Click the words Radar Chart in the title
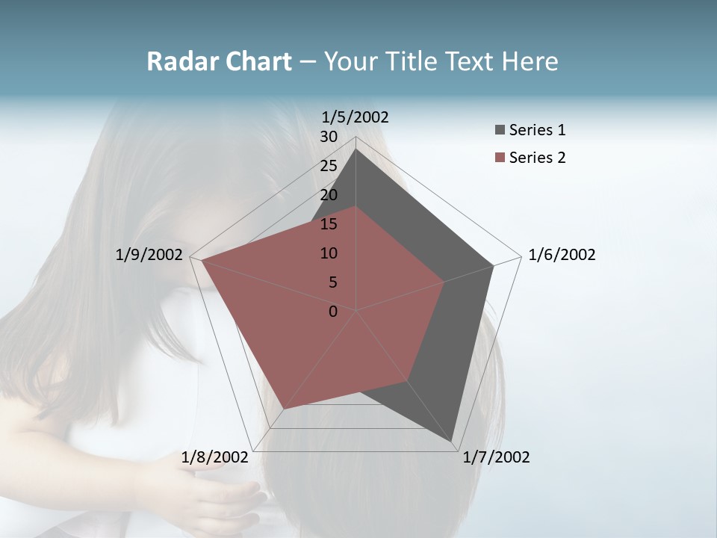(219, 61)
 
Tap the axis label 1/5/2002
(356, 117)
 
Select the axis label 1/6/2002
(562, 255)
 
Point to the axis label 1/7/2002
(496, 457)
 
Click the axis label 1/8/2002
(215, 457)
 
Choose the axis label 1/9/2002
(149, 255)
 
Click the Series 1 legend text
(537, 130)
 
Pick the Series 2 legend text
(537, 158)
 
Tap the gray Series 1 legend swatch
(500, 130)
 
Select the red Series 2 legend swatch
(500, 158)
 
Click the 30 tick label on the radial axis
(329, 137)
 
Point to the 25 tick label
(329, 166)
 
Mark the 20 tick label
(329, 195)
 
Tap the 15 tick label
(329, 224)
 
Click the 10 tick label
(329, 253)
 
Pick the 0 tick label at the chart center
(333, 312)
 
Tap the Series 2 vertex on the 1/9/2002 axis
(202, 261)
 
